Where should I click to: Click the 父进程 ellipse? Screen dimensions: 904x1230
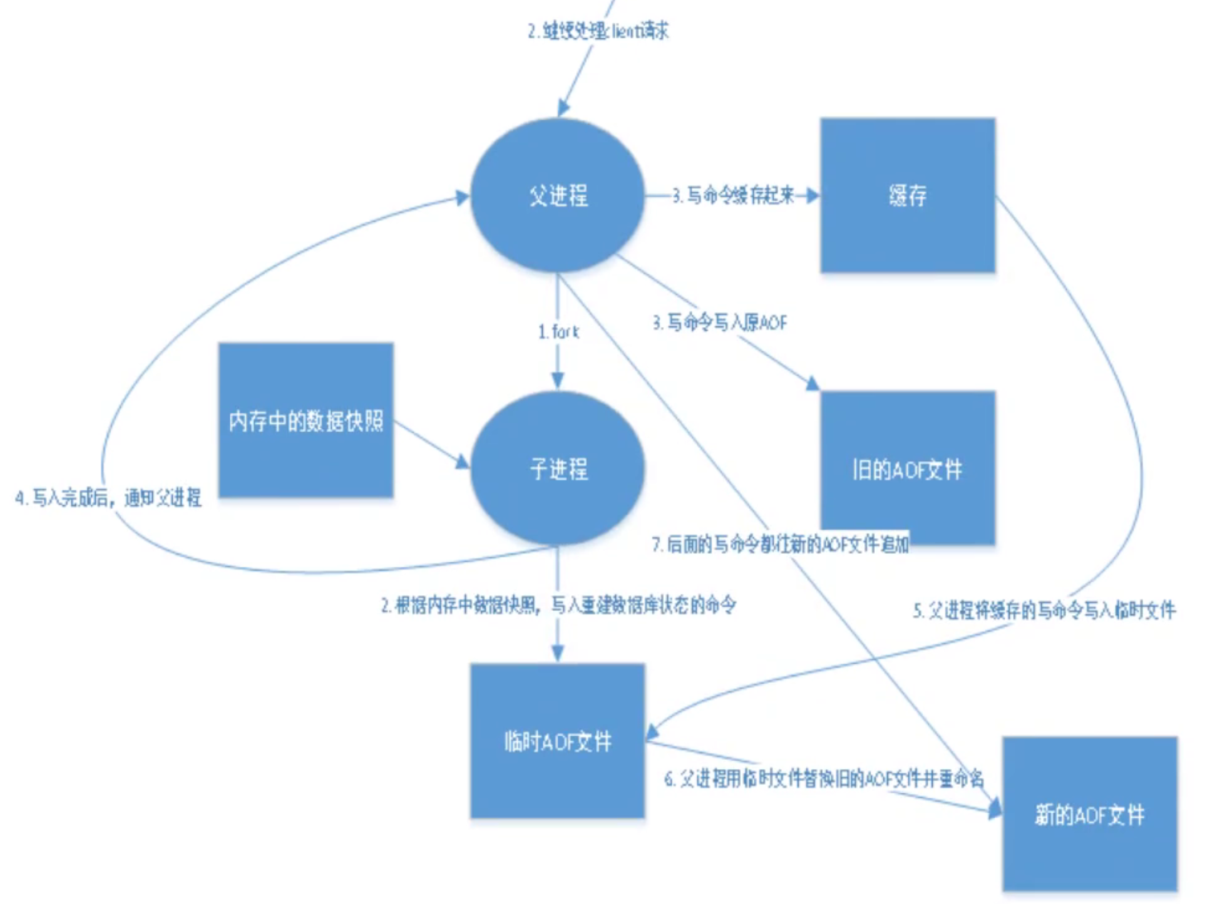[x=558, y=195]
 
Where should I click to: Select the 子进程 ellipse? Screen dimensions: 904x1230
[x=558, y=469]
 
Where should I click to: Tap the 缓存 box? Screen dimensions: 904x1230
[x=907, y=195]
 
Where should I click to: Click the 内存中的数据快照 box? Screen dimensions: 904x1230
[x=305, y=421]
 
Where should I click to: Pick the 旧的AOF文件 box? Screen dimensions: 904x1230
[x=907, y=469]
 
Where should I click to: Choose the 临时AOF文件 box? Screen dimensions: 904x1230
[x=558, y=741]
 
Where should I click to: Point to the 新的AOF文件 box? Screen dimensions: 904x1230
[x=1089, y=815]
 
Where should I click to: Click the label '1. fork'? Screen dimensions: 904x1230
[x=559, y=332]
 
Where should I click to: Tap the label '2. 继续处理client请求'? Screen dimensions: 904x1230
[x=598, y=31]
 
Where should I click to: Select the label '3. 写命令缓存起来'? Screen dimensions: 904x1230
[x=733, y=195]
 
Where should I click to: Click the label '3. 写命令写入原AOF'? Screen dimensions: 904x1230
[x=719, y=322]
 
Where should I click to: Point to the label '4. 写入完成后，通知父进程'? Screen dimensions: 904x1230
[x=108, y=498]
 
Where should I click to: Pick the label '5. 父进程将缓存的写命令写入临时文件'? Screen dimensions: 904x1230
[x=1044, y=611]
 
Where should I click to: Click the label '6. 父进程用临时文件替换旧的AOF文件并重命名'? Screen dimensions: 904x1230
[x=824, y=778]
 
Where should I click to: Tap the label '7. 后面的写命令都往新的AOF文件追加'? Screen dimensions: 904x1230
[x=780, y=544]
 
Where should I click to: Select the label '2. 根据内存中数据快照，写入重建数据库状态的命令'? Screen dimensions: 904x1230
[x=558, y=605]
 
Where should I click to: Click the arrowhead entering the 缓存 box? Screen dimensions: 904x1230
[x=813, y=195]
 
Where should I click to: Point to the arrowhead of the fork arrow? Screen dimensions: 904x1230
[x=558, y=381]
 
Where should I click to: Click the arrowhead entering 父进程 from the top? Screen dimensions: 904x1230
[x=564, y=108]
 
